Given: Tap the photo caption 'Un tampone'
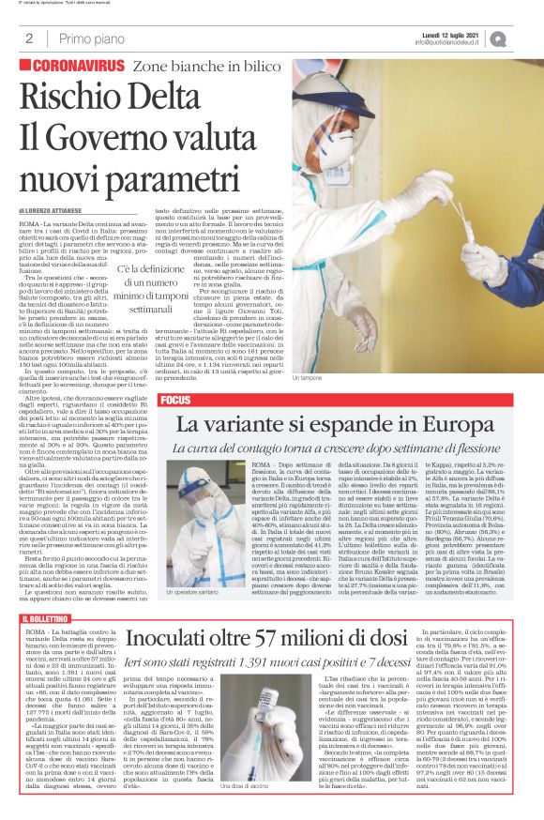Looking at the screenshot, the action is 306,377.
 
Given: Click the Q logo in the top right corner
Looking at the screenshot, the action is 524,38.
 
